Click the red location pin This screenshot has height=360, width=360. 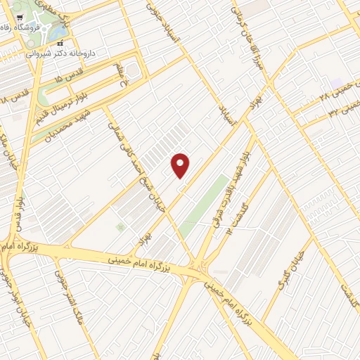pyautogui.click(x=181, y=165)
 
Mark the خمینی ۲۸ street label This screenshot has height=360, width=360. pyautogui.click(x=332, y=91)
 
